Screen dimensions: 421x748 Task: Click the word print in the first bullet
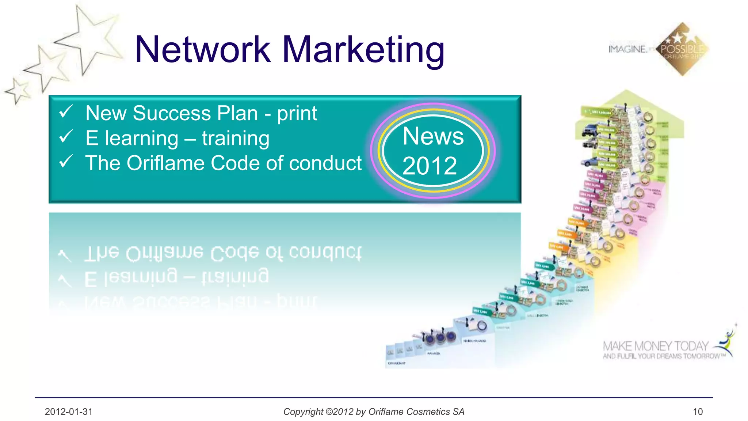click(x=297, y=114)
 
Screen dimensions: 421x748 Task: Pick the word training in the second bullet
click(x=236, y=139)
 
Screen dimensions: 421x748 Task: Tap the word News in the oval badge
click(x=433, y=136)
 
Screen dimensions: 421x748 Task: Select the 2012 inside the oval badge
click(x=430, y=166)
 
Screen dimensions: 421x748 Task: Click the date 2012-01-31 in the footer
click(x=69, y=412)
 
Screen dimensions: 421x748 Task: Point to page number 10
click(x=698, y=412)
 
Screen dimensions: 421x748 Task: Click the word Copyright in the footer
click(x=303, y=412)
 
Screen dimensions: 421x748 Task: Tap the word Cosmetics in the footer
click(x=428, y=412)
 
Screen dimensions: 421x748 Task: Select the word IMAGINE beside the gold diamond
click(x=627, y=49)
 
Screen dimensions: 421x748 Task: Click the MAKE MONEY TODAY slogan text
click(x=656, y=346)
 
